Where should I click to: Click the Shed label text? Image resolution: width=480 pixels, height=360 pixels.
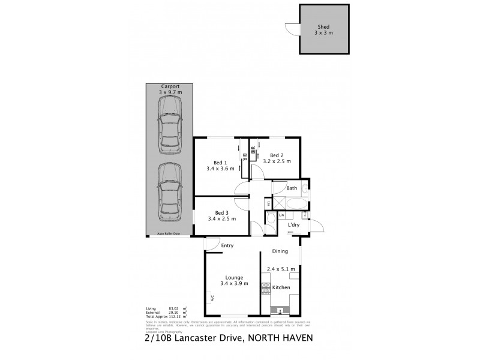point(323,27)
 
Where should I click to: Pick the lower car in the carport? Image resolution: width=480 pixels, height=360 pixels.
point(170,193)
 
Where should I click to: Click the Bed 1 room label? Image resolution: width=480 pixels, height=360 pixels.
point(221,162)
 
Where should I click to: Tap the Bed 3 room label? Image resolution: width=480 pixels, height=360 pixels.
point(221,212)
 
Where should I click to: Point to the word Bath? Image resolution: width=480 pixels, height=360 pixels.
point(292,188)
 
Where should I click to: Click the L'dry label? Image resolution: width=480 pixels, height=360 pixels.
point(293,225)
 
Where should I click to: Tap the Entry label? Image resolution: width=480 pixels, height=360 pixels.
point(227,245)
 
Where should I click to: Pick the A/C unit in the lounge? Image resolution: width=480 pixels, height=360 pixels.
point(212,297)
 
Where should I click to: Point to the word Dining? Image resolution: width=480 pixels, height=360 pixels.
point(280,251)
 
